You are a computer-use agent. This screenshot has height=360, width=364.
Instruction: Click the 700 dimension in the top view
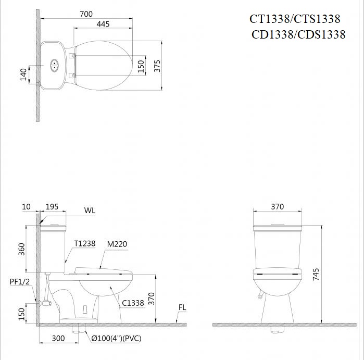[86, 15]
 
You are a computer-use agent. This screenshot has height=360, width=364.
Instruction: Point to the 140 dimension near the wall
[23, 75]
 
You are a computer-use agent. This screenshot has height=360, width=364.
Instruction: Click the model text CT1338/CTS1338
[295, 19]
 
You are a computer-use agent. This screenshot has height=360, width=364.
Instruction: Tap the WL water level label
[90, 210]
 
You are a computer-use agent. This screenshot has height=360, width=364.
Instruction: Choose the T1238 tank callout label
[84, 243]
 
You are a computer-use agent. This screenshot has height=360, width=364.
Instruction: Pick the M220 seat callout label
[117, 243]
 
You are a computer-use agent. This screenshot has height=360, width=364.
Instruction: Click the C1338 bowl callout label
[133, 302]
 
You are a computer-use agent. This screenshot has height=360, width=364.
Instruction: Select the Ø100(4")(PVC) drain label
[116, 339]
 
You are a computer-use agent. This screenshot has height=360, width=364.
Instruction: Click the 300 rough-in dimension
[58, 339]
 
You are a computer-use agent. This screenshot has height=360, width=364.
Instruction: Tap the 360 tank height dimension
[22, 249]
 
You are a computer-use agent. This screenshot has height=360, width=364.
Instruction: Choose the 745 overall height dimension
[316, 275]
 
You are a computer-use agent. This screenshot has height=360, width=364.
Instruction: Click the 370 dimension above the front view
[277, 207]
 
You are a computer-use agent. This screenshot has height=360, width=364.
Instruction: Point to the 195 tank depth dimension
[53, 207]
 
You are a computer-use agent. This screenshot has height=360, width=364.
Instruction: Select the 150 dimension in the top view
[140, 66]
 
